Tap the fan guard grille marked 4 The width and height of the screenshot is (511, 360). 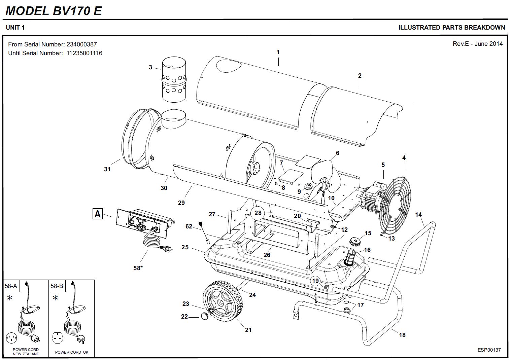(397, 199)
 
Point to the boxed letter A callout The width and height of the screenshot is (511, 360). (98, 214)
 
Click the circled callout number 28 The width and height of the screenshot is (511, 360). (258, 213)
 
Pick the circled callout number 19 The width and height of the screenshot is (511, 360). (315, 281)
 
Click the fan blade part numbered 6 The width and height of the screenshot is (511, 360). (323, 173)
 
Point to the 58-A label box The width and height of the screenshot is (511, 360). (11, 286)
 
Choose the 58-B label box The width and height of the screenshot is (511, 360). (57, 286)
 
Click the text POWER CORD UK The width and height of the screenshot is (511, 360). (71, 352)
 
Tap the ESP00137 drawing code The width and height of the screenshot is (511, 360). (489, 350)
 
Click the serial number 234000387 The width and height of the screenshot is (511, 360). (82, 44)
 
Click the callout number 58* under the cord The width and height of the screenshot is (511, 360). (138, 268)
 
